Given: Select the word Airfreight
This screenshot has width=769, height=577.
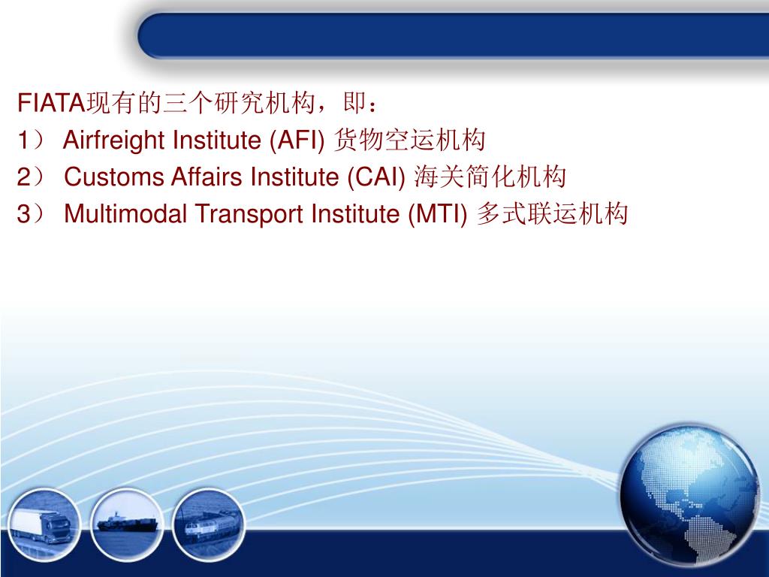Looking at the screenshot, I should pos(115,140).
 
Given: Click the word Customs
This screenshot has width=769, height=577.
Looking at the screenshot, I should pos(113,177).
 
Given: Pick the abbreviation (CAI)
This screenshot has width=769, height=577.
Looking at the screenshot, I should pos(377,177).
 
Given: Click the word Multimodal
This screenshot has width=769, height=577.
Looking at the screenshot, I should pos(127,215).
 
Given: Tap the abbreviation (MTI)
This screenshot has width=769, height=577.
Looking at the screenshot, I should pos(439,215).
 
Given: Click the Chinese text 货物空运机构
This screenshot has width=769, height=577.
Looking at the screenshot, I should pos(409,140).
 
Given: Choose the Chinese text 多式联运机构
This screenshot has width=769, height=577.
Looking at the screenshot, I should pos(552,215).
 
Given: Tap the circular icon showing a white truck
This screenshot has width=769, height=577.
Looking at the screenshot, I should pos(44,518).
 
